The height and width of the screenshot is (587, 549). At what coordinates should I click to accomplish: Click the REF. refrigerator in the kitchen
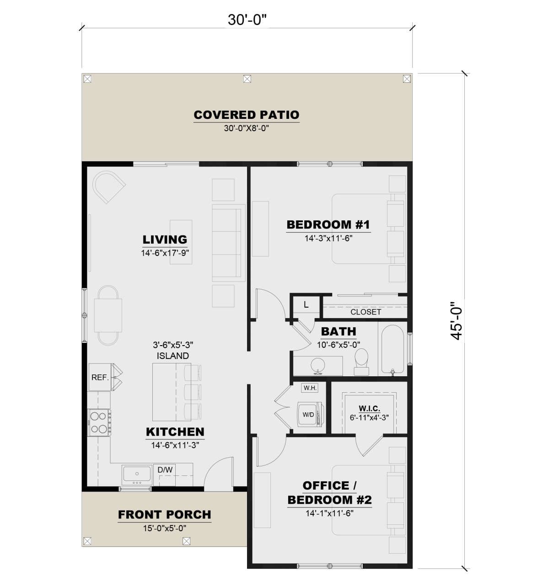pyautogui.click(x=100, y=377)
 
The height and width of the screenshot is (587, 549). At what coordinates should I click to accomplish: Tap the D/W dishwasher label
pyautogui.click(x=165, y=470)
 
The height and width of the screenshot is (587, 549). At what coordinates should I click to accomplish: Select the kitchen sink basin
pyautogui.click(x=137, y=474)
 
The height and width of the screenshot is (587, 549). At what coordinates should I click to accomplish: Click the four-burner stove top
pyautogui.click(x=99, y=422)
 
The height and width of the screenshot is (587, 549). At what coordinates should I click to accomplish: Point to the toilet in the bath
pyautogui.click(x=361, y=362)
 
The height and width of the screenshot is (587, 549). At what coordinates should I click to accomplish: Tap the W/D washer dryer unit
pyautogui.click(x=309, y=414)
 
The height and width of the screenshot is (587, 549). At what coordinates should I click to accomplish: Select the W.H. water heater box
pyautogui.click(x=310, y=388)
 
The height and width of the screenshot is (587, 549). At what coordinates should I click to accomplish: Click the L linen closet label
pyautogui.click(x=306, y=304)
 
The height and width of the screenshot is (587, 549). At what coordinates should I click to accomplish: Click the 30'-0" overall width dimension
pyautogui.click(x=247, y=20)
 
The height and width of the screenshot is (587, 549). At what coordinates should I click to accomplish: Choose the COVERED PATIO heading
pyautogui.click(x=247, y=115)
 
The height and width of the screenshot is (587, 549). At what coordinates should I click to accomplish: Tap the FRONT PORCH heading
pyautogui.click(x=164, y=515)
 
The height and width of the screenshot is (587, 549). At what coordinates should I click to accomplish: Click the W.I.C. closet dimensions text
pyautogui.click(x=369, y=417)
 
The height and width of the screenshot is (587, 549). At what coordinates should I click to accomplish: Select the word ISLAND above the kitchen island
pyautogui.click(x=173, y=356)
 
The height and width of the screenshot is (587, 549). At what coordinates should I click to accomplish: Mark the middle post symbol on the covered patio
pyautogui.click(x=247, y=79)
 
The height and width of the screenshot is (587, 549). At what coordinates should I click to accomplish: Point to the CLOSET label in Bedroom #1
pyautogui.click(x=366, y=312)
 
